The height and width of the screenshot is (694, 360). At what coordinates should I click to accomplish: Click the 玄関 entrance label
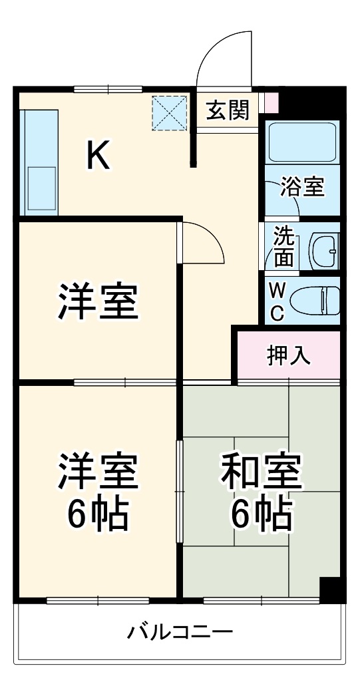coord(227,110)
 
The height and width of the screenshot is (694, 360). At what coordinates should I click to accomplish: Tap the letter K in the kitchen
coord(98,156)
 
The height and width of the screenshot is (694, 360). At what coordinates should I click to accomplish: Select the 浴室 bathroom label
coord(302,188)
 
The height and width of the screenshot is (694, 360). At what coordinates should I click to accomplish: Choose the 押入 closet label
coord(289,356)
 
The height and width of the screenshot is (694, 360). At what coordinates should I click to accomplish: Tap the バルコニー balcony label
coord(180,631)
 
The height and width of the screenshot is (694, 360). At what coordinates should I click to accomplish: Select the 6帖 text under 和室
coord(262,512)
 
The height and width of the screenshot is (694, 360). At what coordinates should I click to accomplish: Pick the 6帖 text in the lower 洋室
coord(98,512)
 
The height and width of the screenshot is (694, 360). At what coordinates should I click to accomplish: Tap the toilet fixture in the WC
coord(316,299)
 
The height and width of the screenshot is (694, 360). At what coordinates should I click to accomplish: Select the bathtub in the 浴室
coord(302,142)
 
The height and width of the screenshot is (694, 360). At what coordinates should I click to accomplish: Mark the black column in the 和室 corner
coord(329,588)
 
